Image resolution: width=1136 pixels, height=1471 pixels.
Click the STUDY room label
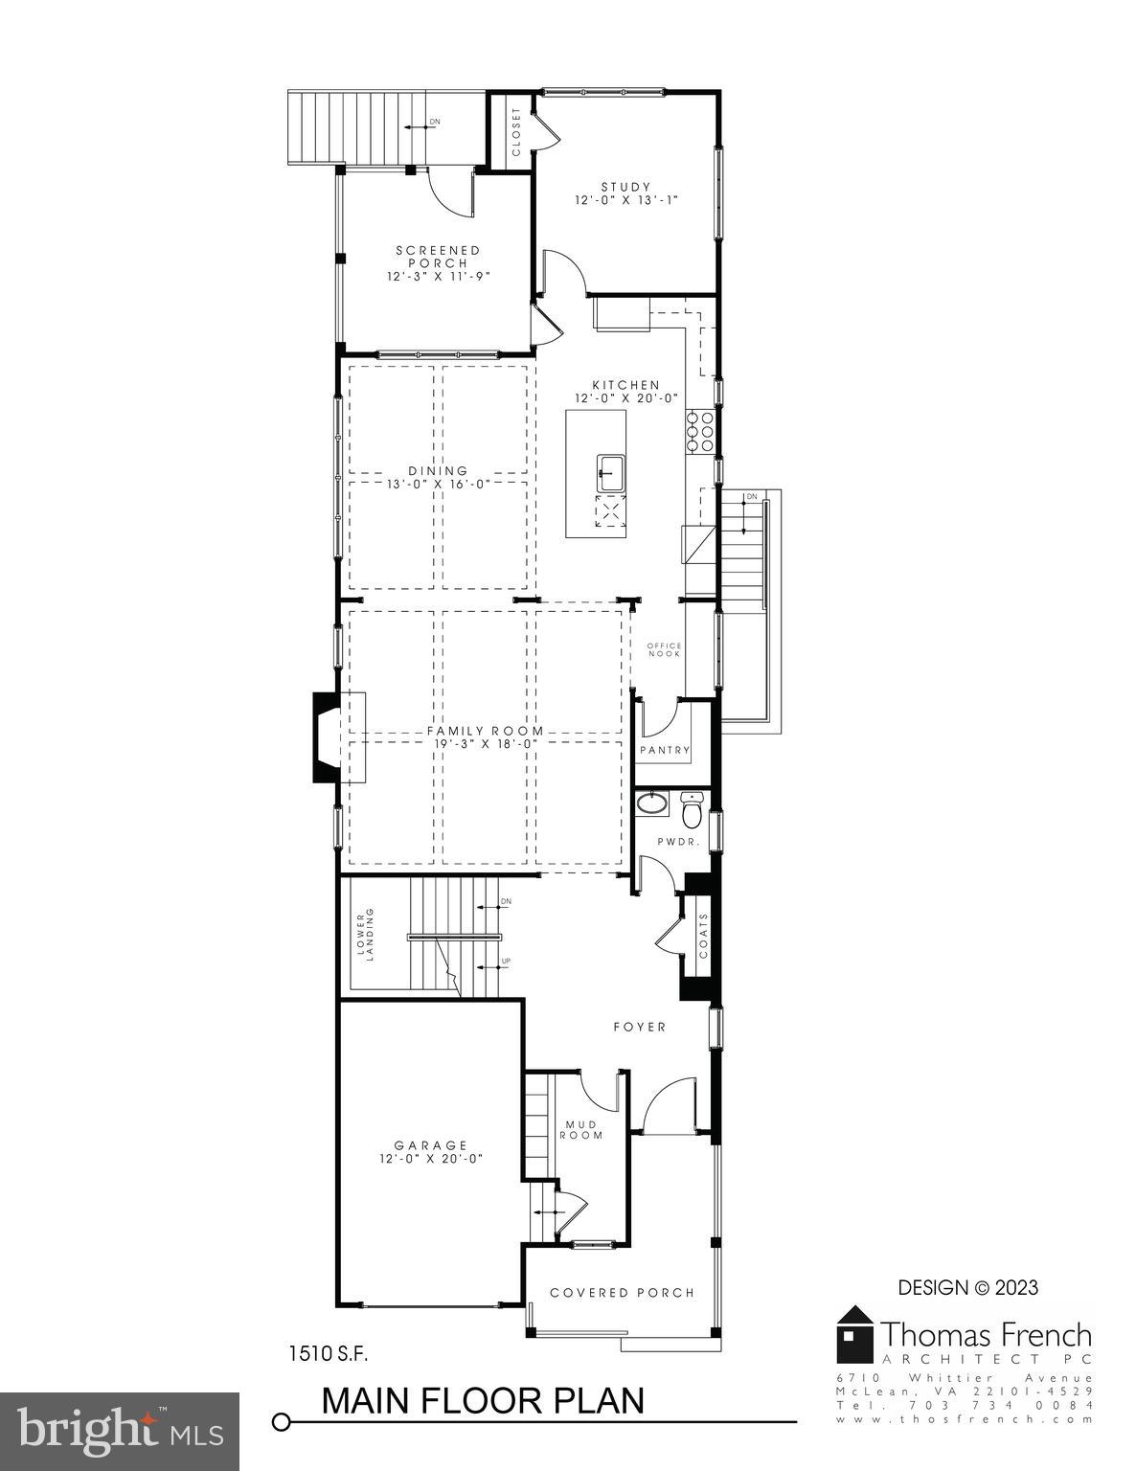click(x=625, y=188)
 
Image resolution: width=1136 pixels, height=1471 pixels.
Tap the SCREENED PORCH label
click(x=438, y=257)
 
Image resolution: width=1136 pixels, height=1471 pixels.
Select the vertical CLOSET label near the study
click(x=516, y=132)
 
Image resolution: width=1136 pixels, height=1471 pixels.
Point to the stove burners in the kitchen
click(x=698, y=431)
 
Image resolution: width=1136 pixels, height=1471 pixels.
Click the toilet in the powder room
click(x=692, y=811)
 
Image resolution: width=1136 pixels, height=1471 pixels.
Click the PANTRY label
click(x=665, y=750)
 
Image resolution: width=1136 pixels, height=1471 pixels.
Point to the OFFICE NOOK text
click(x=664, y=649)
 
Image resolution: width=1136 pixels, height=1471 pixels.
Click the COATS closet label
click(x=704, y=936)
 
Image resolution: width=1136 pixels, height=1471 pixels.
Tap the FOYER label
click(x=639, y=1027)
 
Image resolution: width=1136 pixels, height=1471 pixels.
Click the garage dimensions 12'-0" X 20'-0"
click(x=430, y=1158)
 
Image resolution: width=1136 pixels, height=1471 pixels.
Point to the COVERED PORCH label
click(x=622, y=1293)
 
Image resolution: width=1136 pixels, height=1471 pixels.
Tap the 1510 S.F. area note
click(x=329, y=1354)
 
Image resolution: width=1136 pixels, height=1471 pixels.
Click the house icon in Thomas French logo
click(x=855, y=1333)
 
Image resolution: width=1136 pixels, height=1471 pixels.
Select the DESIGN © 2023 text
click(x=967, y=1288)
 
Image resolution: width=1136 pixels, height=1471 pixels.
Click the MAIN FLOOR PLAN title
click(x=483, y=1400)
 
